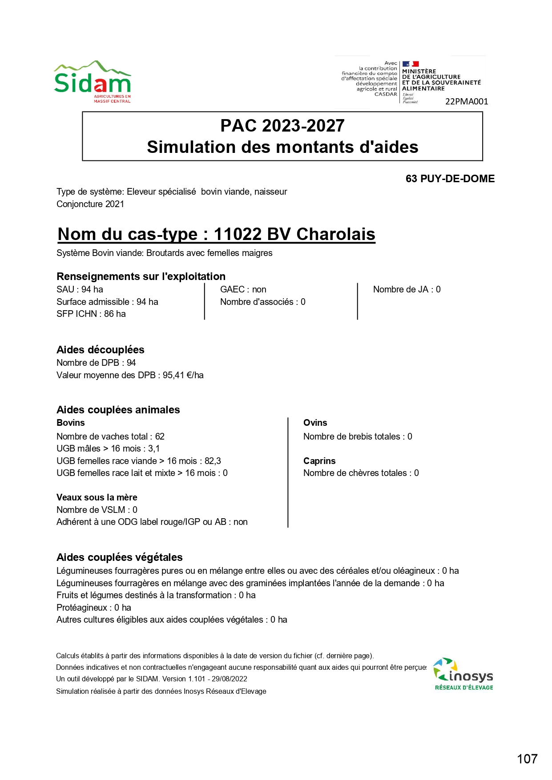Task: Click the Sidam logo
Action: click(93, 82)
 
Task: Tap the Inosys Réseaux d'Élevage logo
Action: click(463, 674)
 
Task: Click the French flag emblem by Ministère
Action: click(411, 64)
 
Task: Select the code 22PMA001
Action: click(467, 101)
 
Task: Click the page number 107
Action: click(527, 759)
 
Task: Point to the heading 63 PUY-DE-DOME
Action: click(450, 179)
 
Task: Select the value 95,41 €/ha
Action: click(183, 375)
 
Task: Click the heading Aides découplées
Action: click(101, 350)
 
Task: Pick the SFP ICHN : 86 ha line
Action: click(91, 314)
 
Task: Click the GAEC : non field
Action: click(243, 289)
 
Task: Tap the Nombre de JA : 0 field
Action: click(407, 289)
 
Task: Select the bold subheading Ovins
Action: click(315, 423)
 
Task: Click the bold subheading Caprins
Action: click(319, 461)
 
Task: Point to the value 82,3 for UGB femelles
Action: click(213, 461)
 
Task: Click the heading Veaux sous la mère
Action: click(97, 497)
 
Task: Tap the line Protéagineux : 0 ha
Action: click(94, 608)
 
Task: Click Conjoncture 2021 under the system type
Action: click(90, 204)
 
